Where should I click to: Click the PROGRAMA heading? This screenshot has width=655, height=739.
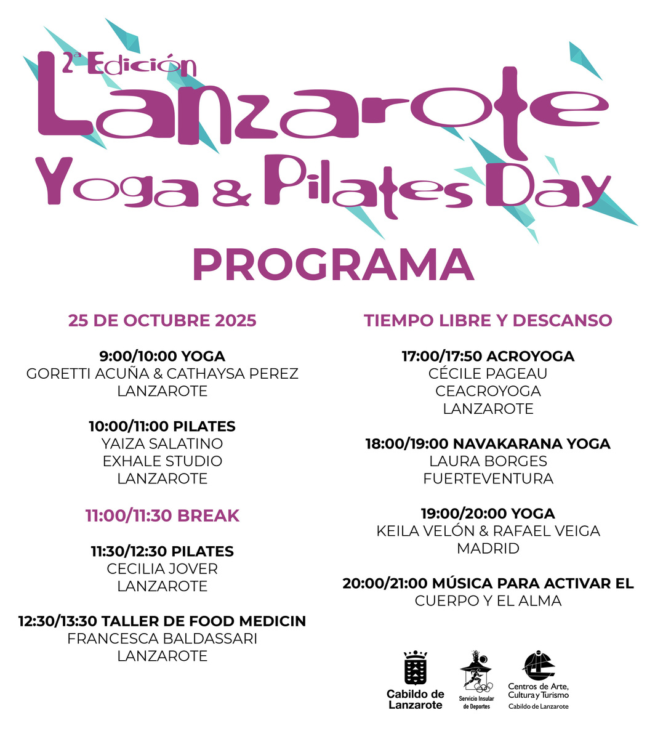tap(333, 265)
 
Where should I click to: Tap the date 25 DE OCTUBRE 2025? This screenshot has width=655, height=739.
tap(162, 321)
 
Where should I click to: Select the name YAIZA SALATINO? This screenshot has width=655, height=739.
tap(162, 443)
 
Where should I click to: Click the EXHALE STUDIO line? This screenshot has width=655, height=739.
tap(162, 461)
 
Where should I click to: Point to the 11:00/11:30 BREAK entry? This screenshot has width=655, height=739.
tap(162, 515)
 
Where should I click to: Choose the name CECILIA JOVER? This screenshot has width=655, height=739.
tap(162, 569)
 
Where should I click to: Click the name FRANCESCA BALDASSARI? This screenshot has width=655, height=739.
tap(162, 639)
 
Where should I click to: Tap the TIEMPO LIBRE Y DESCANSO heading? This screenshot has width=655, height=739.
tap(488, 321)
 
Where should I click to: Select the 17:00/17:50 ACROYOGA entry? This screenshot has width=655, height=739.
tap(488, 357)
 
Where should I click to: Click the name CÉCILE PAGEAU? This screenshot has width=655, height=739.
tap(488, 374)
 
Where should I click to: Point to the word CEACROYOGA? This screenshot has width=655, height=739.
tap(488, 391)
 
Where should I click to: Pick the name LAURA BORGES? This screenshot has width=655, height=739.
tap(488, 461)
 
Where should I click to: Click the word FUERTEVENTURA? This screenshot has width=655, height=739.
tap(488, 479)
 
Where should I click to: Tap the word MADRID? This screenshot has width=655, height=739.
tap(488, 548)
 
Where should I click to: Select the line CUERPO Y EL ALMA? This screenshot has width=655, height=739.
tap(488, 601)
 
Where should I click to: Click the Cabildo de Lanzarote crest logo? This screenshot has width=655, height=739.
tap(415, 668)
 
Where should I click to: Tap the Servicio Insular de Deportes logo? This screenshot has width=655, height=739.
tap(476, 671)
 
